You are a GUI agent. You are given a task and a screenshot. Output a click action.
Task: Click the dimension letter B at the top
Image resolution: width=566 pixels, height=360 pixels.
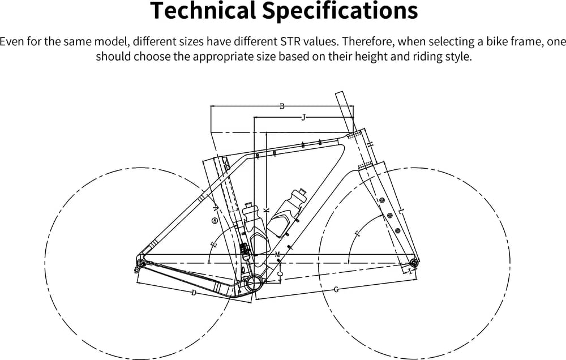(282, 106)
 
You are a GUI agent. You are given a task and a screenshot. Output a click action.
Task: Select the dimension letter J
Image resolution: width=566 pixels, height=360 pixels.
(303, 117)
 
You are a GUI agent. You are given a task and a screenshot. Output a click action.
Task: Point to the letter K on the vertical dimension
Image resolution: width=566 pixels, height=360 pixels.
(266, 209)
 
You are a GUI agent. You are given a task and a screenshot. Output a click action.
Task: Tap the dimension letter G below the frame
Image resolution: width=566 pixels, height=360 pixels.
(336, 290)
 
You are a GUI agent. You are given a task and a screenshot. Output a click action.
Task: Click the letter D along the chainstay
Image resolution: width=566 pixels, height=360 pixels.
(194, 293)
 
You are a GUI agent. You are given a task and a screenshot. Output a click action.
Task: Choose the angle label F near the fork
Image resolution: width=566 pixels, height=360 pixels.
(357, 233)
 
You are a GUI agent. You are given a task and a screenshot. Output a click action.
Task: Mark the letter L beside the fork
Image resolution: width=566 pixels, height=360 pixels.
(401, 211)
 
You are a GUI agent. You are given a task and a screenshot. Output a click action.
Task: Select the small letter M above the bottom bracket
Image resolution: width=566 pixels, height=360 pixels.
(277, 255)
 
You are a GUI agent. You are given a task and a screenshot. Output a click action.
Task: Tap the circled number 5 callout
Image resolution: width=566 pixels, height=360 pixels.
(214, 220)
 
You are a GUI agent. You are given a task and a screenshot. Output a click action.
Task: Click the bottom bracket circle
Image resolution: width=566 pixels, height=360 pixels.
(254, 281)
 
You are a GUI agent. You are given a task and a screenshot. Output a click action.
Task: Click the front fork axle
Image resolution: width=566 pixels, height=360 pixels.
(414, 263)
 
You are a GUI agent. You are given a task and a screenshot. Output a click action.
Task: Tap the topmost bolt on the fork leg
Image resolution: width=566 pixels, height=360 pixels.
(381, 200)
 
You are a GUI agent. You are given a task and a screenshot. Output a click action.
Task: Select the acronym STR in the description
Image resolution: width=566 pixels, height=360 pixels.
(281, 41)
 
